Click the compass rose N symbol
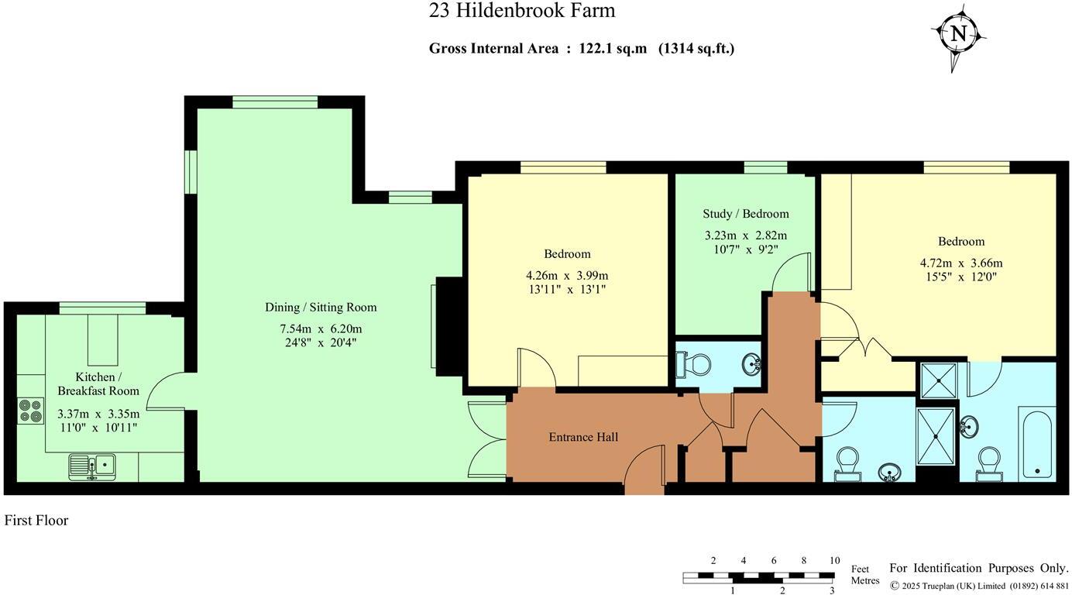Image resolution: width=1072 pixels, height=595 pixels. coord(959,34)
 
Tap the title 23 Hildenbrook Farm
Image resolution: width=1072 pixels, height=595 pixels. coord(522,11)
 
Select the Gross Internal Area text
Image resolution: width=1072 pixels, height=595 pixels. coord(581,48)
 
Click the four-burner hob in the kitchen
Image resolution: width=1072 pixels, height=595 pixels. coord(31,410)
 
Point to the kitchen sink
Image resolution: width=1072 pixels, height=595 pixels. coord(91,465)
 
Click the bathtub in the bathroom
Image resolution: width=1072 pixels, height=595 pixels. coord(1036,445)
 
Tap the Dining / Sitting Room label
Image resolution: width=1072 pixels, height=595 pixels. coord(321,308)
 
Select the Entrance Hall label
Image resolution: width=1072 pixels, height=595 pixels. coord(583,437)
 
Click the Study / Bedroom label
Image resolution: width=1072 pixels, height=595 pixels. coord(745,214)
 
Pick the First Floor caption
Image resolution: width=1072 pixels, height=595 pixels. coord(36,521)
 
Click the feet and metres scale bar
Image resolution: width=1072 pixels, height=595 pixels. coord(758,576)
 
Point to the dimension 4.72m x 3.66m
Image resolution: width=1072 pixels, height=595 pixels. coord(960,263)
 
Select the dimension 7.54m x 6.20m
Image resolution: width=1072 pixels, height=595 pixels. coord(321,328)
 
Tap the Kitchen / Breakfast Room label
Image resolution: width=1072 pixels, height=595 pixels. coord(98,383)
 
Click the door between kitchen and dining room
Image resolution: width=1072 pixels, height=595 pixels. coord(166,390)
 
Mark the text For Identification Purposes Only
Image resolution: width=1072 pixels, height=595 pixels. coord(978,569)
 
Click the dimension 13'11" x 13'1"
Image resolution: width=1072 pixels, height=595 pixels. coord(567,289)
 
